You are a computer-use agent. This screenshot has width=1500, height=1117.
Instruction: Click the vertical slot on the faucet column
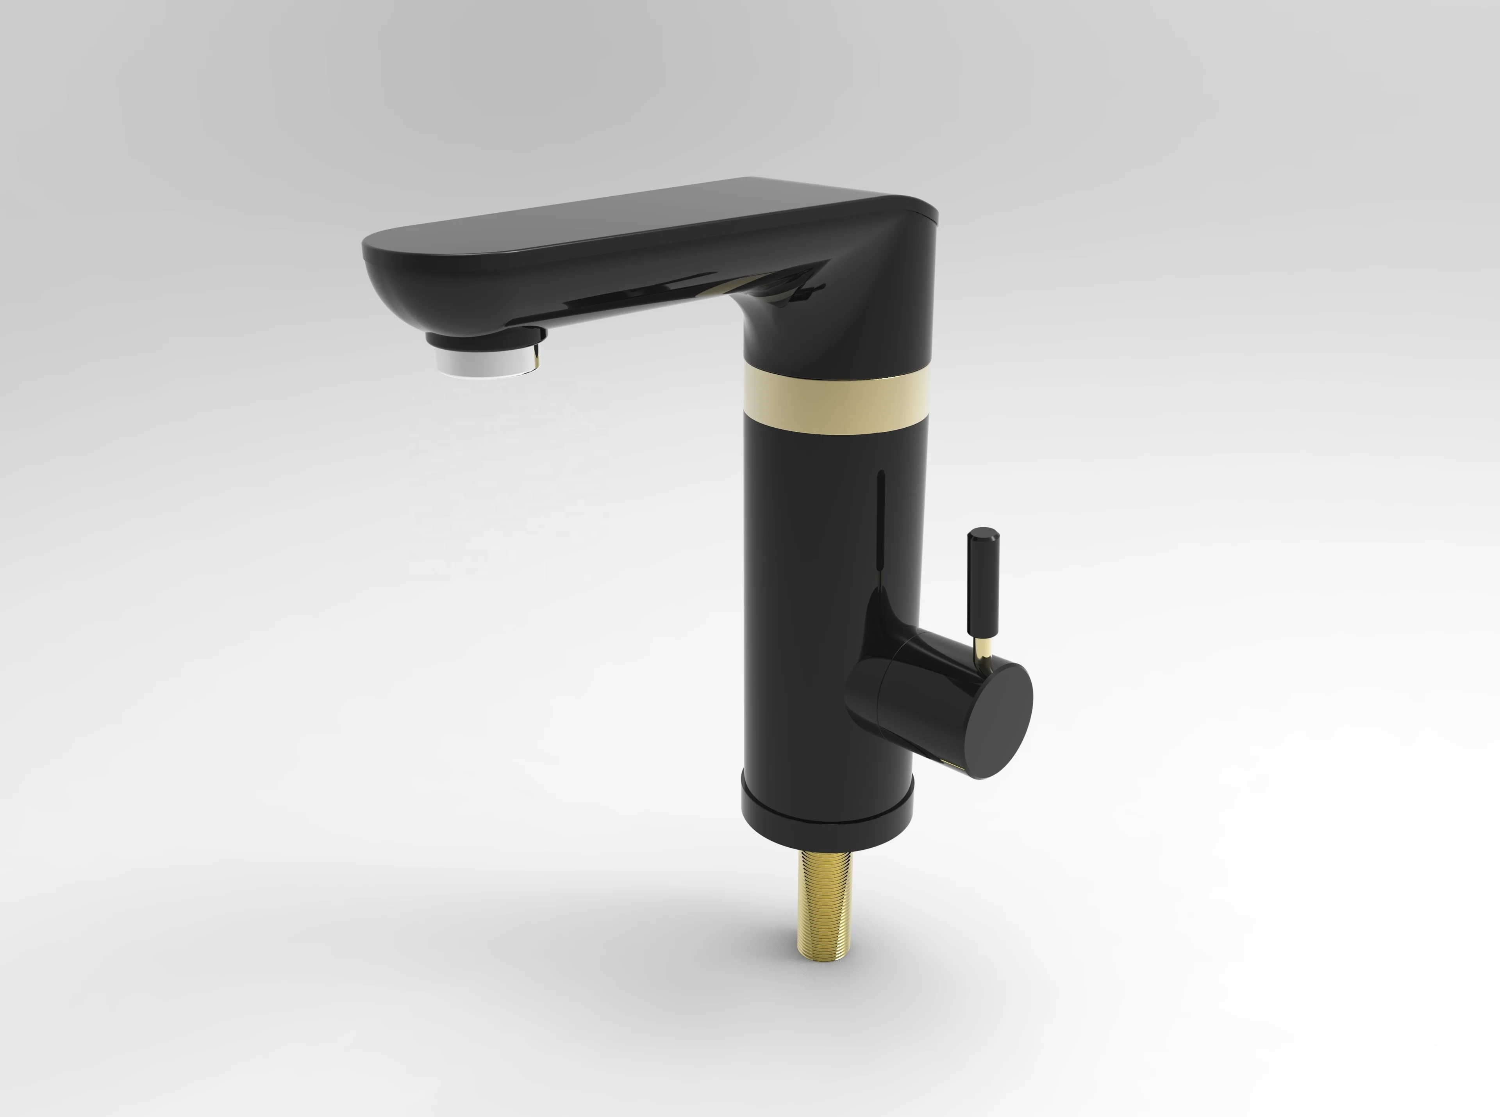tap(880, 527)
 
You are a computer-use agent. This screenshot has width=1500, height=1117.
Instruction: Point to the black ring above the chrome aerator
tap(484, 340)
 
